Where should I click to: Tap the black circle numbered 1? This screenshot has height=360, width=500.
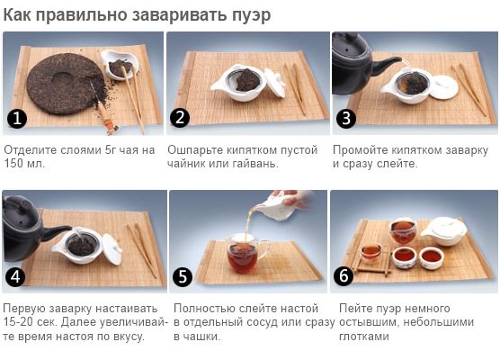click(x=16, y=119)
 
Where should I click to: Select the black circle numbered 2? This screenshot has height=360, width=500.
click(x=180, y=118)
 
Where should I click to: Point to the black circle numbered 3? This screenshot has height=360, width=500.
click(x=346, y=119)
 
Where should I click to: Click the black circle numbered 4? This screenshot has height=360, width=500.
click(x=15, y=276)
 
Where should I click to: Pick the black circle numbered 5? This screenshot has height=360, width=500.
click(x=183, y=276)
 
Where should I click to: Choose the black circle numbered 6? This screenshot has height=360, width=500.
click(x=344, y=275)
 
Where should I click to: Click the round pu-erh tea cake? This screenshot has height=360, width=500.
click(x=66, y=84)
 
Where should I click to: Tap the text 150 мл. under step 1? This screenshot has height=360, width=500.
click(x=24, y=164)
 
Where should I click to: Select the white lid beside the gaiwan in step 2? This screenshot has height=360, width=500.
click(x=275, y=82)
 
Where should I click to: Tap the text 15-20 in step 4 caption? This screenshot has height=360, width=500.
click(x=18, y=321)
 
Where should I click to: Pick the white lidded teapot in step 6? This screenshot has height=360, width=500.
click(x=444, y=230)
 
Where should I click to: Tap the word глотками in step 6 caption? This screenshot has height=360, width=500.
click(x=364, y=336)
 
